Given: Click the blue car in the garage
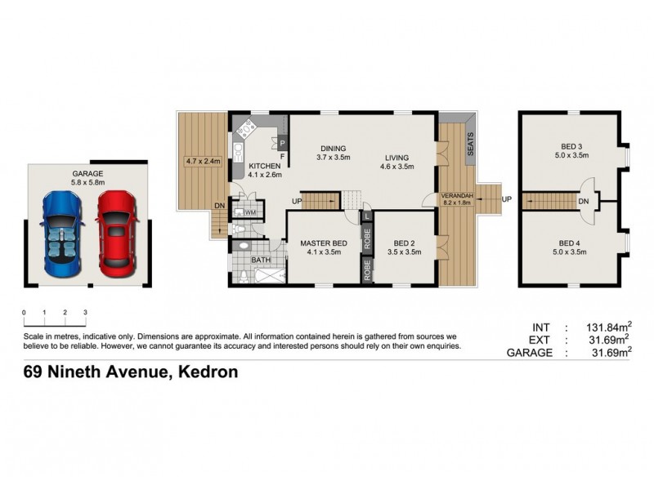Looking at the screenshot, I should coord(62,233).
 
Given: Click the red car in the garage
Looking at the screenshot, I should coord(115,233).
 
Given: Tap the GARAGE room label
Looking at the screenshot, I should coord(87,174).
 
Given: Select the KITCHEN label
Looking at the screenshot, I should coord(264,166).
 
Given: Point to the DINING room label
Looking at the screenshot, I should coord(334,148).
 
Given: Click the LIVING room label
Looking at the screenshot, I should coord(397,158).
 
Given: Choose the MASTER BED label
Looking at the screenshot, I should coord(324,243).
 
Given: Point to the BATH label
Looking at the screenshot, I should coord(261,261).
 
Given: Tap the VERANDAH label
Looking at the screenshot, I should coord(456,197).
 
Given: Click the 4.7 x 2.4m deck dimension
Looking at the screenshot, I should coord(204,161).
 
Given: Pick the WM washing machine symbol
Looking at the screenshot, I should coord(250,212).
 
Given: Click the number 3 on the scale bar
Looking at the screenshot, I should coord(85,313).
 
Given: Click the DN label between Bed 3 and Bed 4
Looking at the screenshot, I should coord(584,201).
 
